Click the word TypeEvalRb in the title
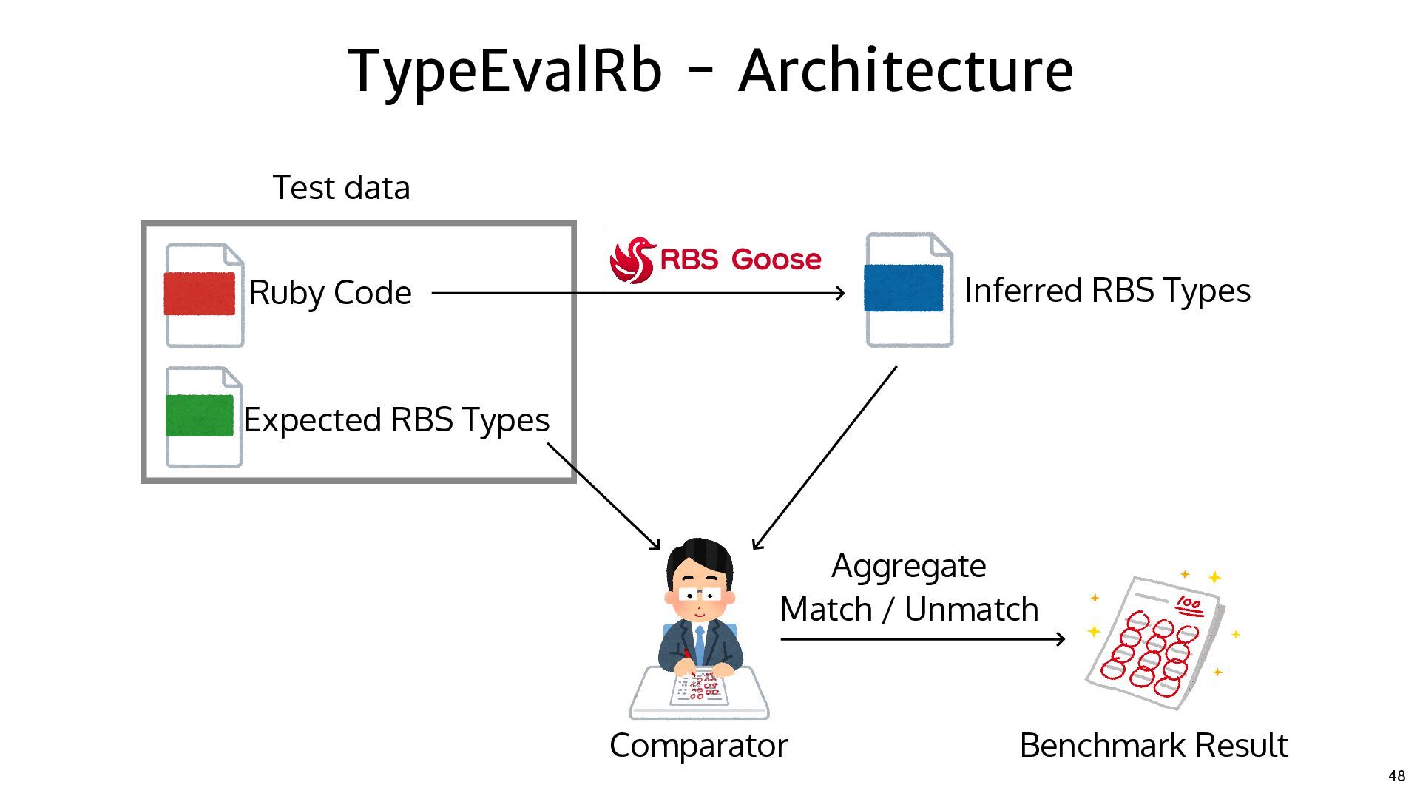504,72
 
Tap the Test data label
341,187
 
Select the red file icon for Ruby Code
203,295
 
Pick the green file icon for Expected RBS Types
203,417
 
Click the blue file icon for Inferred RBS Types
909,289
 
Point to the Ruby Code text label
330,293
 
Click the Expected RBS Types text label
396,420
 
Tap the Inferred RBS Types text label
1107,291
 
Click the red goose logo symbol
633,260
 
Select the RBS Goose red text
740,260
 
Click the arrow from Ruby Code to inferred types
638,293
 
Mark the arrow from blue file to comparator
824,458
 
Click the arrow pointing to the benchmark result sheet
923,639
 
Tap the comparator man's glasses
699,594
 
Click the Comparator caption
698,746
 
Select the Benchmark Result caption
1154,745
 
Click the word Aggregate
908,567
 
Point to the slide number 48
1396,776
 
